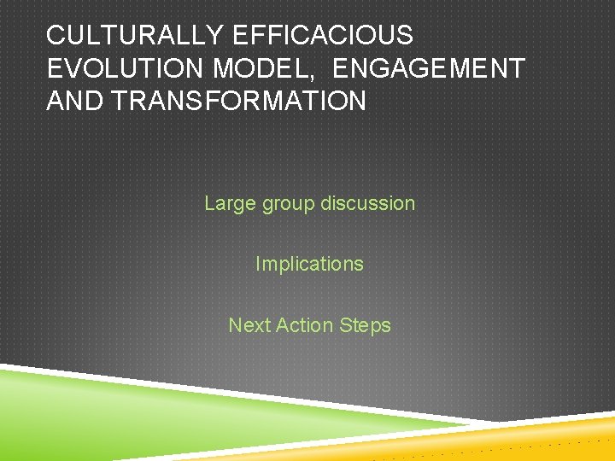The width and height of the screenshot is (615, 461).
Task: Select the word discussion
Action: [x=368, y=203]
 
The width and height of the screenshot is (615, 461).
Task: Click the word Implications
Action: [x=309, y=265]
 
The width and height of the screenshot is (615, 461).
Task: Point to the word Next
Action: [x=248, y=325]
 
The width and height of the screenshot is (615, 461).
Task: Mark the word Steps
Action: [x=365, y=326]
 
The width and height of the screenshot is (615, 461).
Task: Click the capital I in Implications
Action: [x=258, y=264]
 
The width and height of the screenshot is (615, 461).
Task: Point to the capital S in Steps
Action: [x=346, y=325]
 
